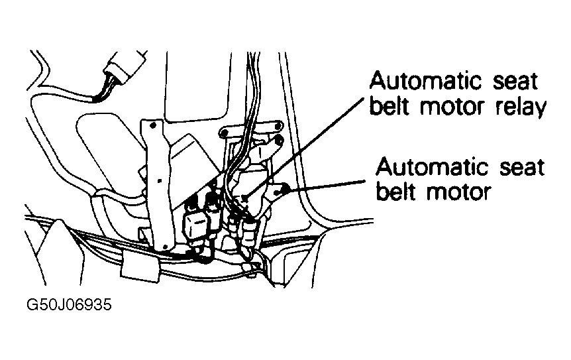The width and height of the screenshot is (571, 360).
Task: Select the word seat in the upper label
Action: pos(515,82)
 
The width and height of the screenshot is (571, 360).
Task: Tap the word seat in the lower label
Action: pos(522,168)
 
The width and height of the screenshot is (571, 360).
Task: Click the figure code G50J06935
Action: pos(69,304)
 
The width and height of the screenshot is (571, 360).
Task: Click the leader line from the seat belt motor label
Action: pos(325,185)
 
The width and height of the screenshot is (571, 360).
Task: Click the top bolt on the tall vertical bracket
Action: pos(153,125)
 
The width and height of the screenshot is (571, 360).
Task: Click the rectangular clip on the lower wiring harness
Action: pos(140,267)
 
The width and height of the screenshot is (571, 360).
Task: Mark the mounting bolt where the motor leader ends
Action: pos(284,188)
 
